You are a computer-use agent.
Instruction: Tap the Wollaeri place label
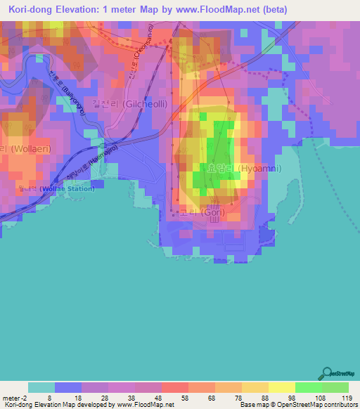click(x=21, y=149)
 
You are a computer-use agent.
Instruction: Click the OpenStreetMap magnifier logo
click(x=326, y=373)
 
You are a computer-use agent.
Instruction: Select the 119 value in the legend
click(x=344, y=398)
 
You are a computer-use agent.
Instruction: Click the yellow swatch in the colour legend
click(x=281, y=387)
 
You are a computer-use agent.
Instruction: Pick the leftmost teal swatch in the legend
click(x=41, y=387)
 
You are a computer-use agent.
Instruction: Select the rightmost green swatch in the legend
click(x=335, y=387)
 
